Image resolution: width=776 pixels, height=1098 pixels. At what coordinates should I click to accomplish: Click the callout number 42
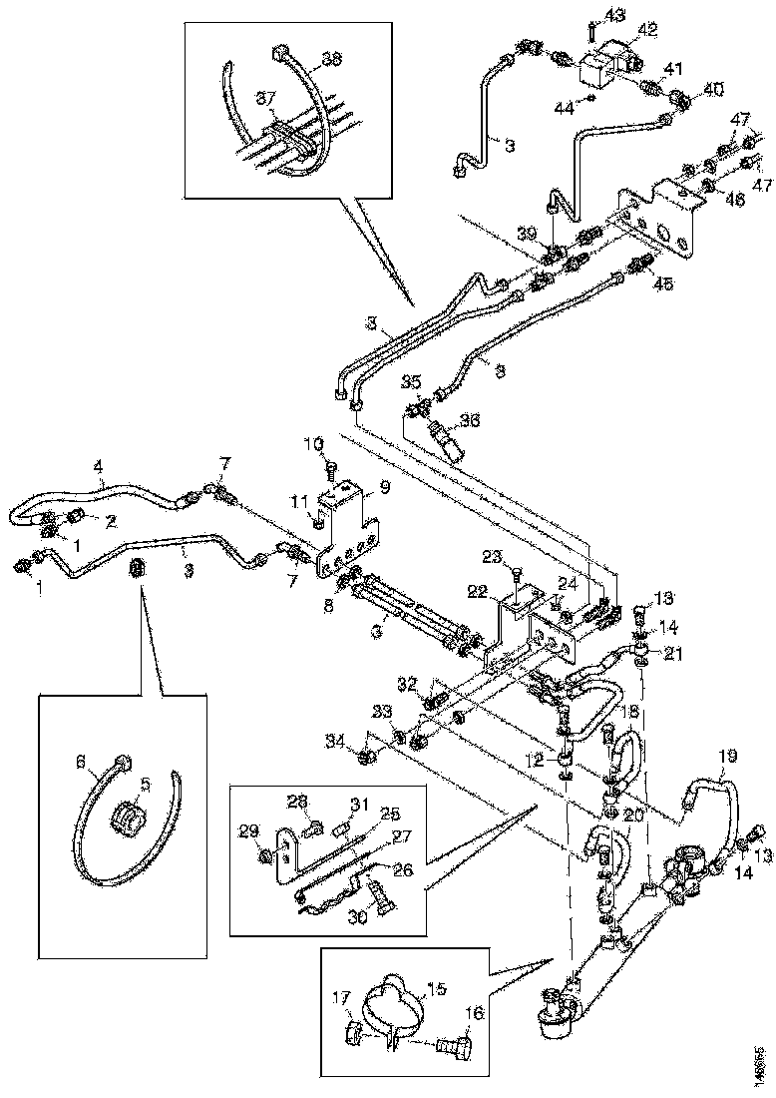tap(648, 30)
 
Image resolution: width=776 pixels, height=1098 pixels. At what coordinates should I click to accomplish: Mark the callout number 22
tap(481, 591)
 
